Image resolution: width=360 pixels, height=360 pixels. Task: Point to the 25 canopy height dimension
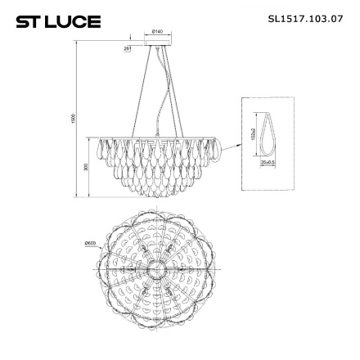click(128, 49)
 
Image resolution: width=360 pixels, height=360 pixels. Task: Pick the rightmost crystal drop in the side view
click(220, 149)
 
